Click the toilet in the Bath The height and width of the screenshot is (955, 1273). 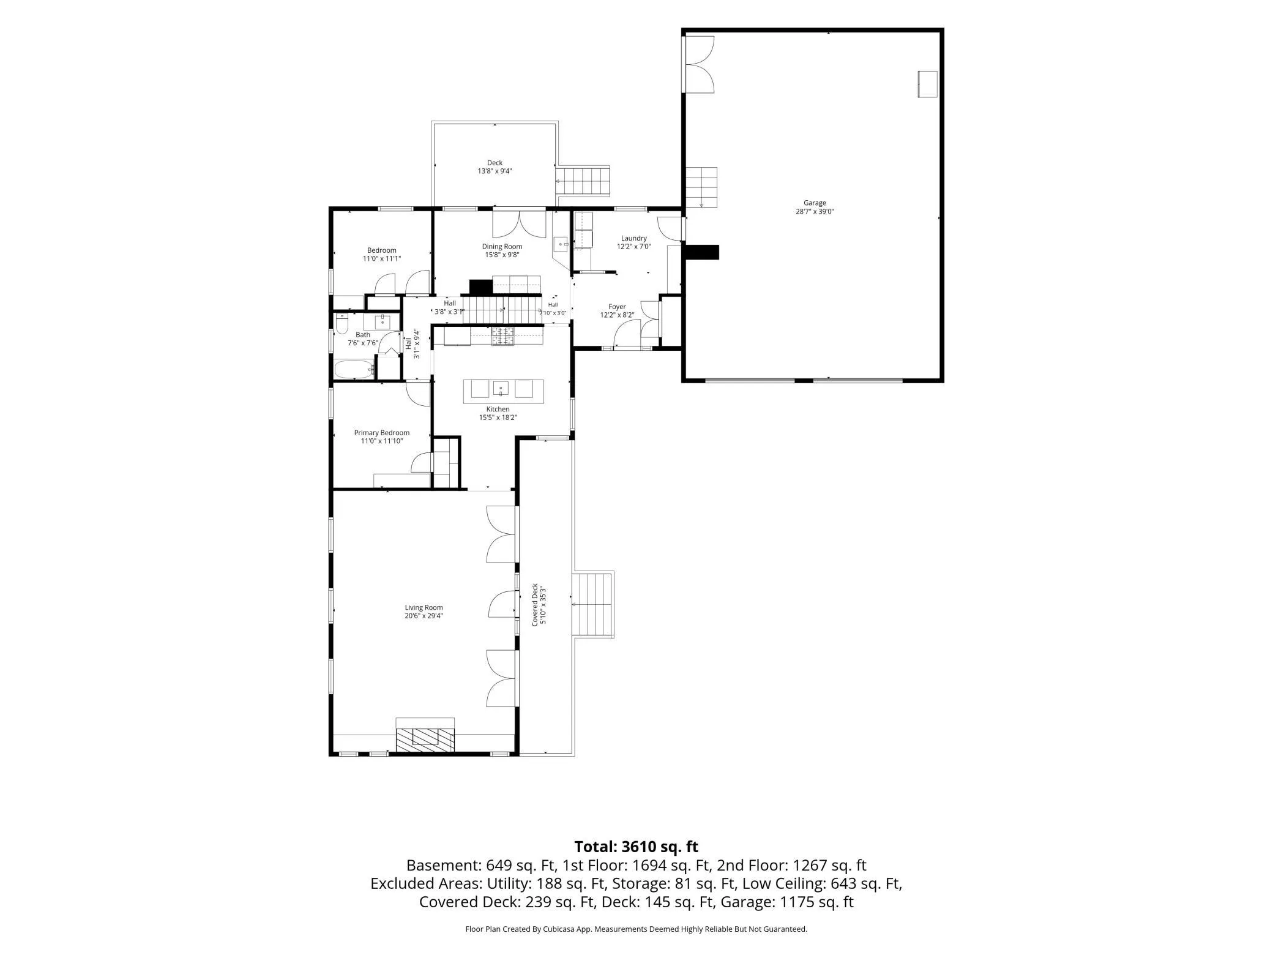(x=342, y=322)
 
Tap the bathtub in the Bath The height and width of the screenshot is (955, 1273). (x=354, y=370)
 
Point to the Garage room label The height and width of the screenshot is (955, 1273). (x=815, y=203)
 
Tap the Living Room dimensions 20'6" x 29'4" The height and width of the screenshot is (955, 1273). (x=424, y=616)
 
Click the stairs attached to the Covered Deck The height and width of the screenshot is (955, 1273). (x=593, y=604)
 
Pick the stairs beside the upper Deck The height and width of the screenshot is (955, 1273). (x=583, y=181)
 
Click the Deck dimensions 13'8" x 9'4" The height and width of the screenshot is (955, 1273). (x=495, y=171)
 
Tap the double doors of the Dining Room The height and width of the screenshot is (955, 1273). (x=520, y=224)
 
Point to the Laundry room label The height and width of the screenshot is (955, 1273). (x=633, y=238)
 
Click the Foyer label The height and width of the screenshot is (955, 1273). (x=617, y=307)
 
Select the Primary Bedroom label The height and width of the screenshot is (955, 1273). (x=382, y=433)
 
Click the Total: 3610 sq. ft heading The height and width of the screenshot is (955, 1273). (x=636, y=847)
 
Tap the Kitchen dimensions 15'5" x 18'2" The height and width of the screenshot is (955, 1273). (x=498, y=418)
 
